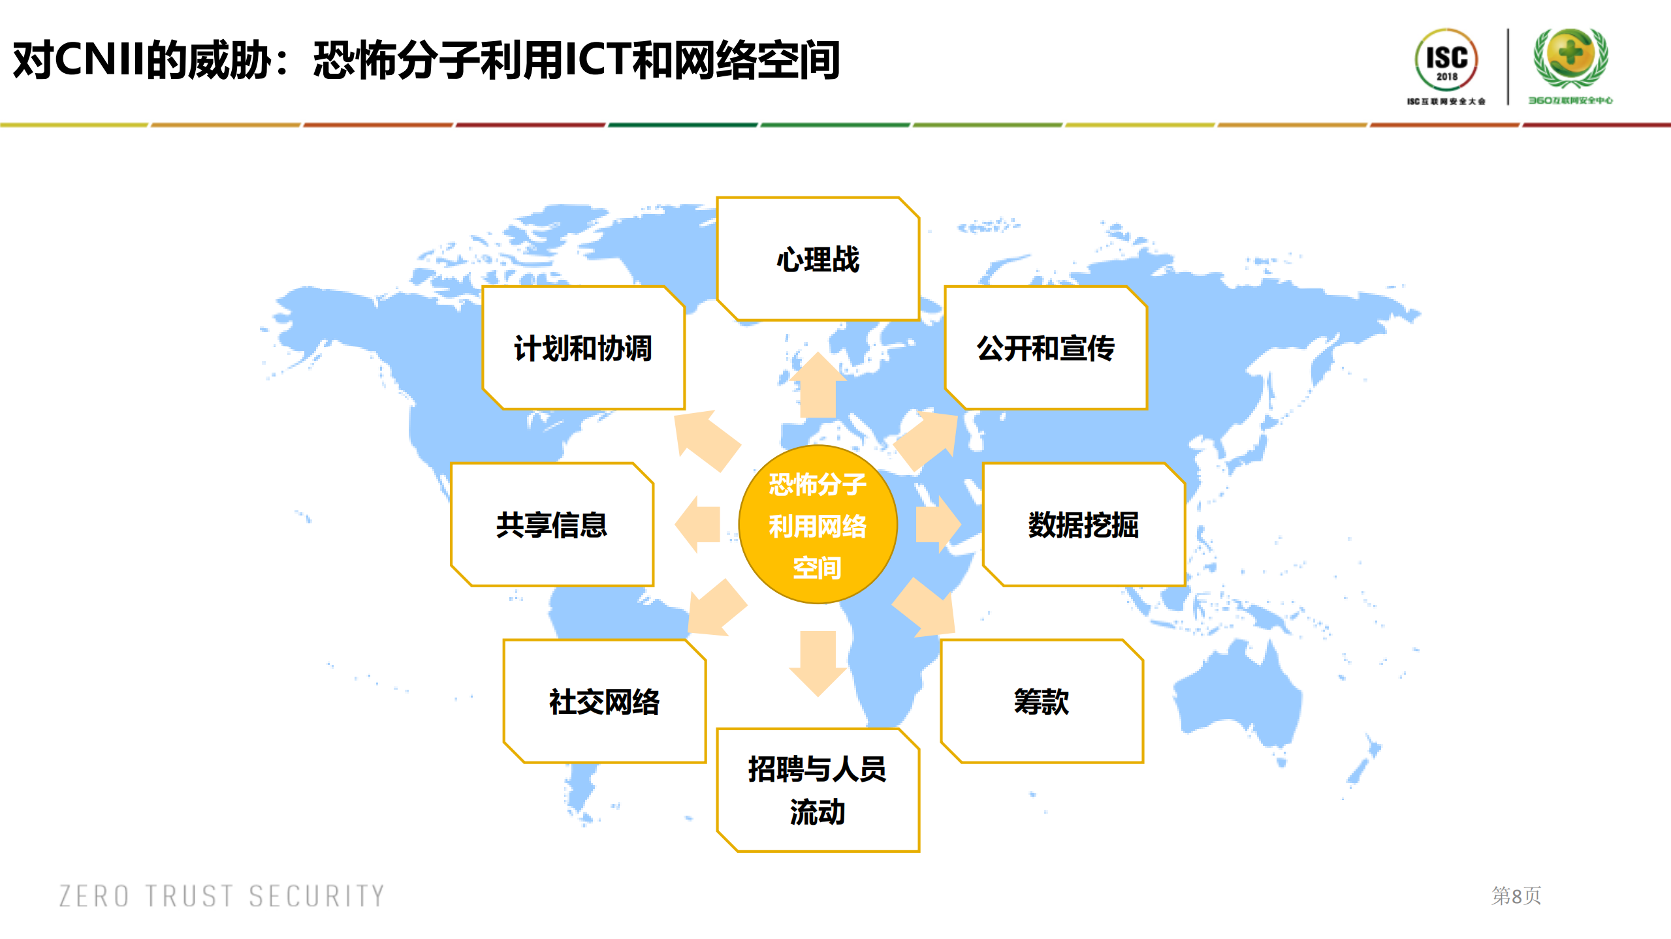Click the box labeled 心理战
coord(818,259)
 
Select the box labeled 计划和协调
coord(583,348)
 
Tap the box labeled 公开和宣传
coord(1045,348)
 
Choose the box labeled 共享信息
coord(552,525)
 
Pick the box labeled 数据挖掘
coord(1083,525)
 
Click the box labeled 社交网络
coord(604,701)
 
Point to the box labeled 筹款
coord(1042,701)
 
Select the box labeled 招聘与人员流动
coord(818,790)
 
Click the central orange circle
coord(818,525)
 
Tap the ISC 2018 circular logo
coord(1446,61)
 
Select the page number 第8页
coord(1516,896)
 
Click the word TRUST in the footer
coord(189,896)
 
